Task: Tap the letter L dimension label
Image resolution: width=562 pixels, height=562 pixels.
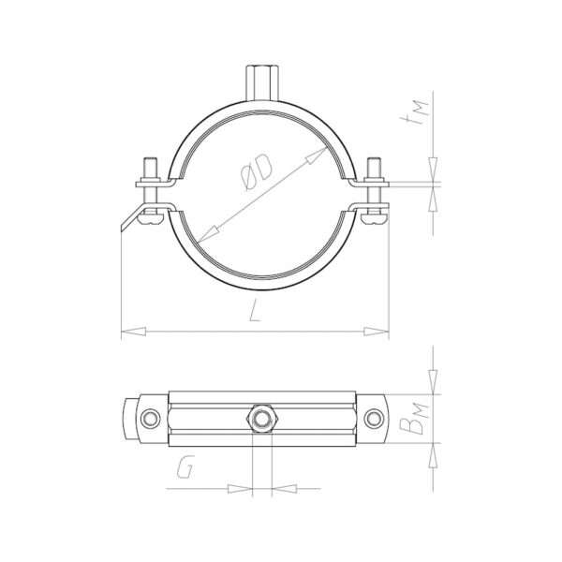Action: coord(255,311)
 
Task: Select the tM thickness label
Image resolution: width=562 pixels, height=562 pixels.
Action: coord(419,114)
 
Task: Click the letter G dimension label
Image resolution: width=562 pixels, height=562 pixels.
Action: coord(185,466)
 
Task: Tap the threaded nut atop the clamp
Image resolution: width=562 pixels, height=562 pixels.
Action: coord(261,82)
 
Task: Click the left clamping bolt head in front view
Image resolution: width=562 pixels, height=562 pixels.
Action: coord(151,218)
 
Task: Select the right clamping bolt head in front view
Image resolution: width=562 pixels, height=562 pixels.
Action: coord(375,218)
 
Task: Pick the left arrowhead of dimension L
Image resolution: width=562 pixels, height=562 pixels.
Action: coord(133,332)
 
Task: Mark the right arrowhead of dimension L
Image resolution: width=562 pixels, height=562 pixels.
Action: coord(377,332)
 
